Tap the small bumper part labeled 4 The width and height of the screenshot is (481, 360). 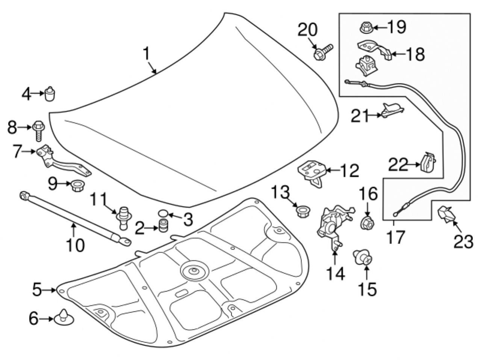50,94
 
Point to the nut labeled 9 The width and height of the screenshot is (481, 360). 77,185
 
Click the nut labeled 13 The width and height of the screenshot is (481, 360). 301,211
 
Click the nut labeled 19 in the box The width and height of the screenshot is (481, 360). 365,27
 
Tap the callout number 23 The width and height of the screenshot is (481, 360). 463,243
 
